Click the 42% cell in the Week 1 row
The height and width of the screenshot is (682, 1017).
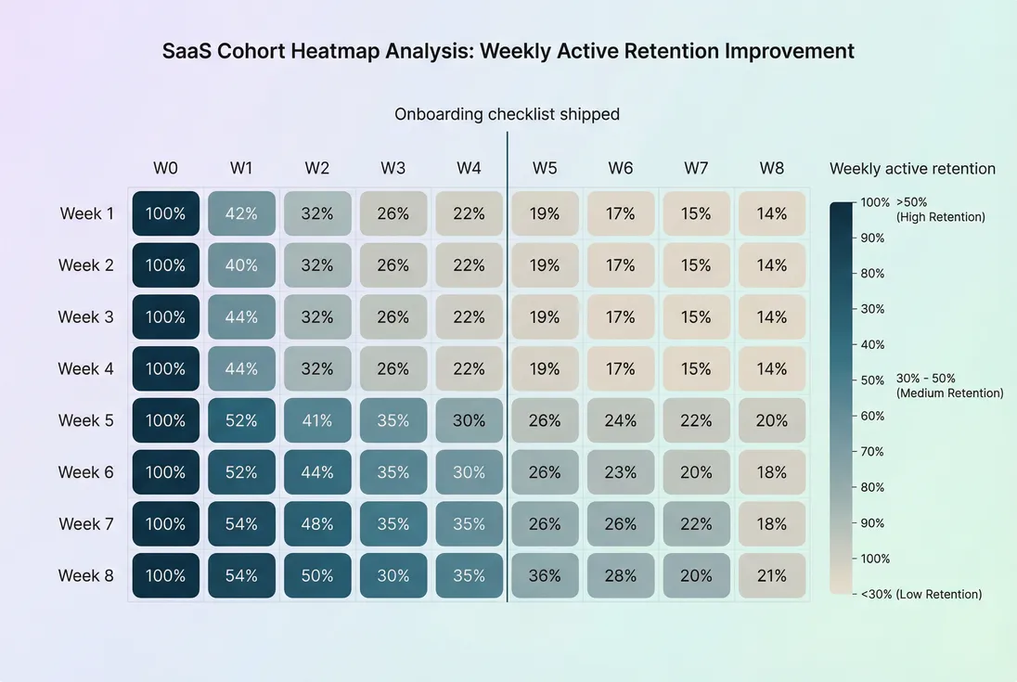(x=241, y=213)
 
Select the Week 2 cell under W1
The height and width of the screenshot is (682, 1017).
(x=241, y=265)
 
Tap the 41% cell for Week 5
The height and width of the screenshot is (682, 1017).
(x=317, y=420)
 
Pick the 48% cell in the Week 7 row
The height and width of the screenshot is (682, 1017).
(x=317, y=524)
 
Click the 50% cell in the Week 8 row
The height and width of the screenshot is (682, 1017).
(x=317, y=575)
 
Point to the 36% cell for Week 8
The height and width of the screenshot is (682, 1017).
(x=545, y=575)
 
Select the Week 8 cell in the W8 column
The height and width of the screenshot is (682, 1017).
(x=772, y=575)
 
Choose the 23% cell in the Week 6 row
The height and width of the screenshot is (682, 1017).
(x=621, y=472)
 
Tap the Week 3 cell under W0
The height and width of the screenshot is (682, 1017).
(x=165, y=317)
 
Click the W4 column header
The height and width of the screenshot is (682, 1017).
(x=469, y=168)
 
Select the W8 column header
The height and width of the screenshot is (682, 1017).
(x=772, y=168)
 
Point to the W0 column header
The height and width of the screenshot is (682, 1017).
(x=165, y=168)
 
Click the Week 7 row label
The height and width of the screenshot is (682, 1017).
(x=86, y=524)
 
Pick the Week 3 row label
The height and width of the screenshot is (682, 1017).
(x=86, y=317)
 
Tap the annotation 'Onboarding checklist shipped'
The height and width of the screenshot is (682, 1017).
(x=507, y=114)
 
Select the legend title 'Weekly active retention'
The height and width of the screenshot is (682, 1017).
(x=912, y=169)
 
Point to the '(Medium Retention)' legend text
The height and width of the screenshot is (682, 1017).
(x=950, y=393)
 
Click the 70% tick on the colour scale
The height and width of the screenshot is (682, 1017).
(x=872, y=452)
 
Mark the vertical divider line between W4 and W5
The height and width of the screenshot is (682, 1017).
(x=508, y=371)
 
